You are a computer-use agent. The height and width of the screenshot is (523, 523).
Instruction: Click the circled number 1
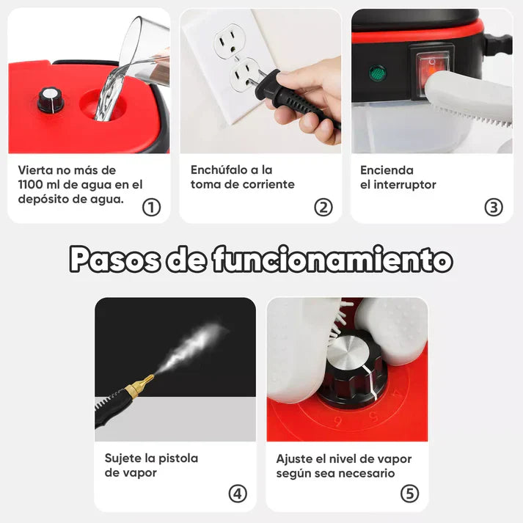[x=151, y=208]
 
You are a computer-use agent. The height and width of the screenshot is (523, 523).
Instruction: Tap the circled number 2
[x=323, y=208]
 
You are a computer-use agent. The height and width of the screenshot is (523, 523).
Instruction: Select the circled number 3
[x=494, y=208]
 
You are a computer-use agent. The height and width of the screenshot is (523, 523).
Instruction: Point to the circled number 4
[x=238, y=494]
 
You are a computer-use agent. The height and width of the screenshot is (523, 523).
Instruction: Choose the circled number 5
[x=409, y=494]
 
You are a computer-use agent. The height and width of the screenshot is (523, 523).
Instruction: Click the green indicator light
[x=378, y=73]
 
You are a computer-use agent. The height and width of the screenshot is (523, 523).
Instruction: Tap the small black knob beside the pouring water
[x=51, y=99]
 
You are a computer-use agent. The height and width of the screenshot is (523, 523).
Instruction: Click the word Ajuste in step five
[x=293, y=458]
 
